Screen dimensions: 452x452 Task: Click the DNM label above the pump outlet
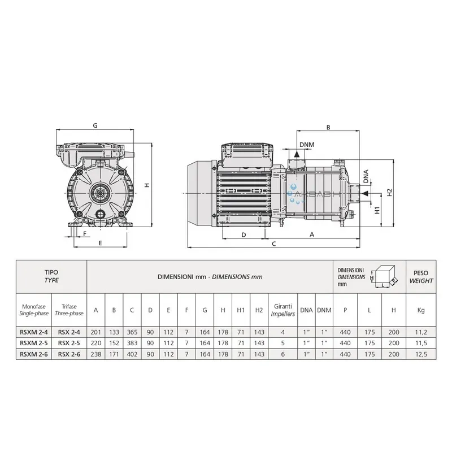click(x=307, y=145)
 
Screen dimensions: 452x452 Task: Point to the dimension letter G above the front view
click(x=95, y=125)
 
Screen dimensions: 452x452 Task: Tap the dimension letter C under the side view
click(x=274, y=244)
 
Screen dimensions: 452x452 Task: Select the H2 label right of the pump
click(x=390, y=192)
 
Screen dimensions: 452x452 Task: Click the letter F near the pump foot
click(x=85, y=233)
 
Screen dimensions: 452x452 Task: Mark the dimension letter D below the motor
click(x=244, y=235)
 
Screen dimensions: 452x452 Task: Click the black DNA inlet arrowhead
click(x=365, y=193)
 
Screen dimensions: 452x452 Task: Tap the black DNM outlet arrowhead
click(x=296, y=154)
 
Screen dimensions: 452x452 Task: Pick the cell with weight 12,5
click(x=421, y=354)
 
